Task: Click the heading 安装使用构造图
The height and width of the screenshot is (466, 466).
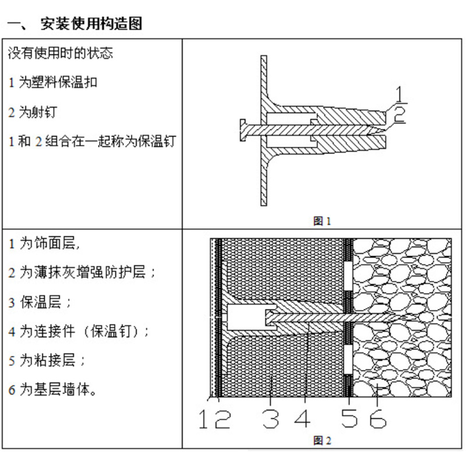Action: pos(91,24)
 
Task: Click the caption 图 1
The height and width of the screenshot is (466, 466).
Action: pos(322,221)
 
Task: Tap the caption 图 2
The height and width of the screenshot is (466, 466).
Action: pos(322,440)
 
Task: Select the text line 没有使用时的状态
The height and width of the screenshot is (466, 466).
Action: pos(61,53)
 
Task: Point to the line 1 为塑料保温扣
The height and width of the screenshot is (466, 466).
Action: pos(53,82)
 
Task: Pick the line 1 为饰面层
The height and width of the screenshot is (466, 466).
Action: pos(44,243)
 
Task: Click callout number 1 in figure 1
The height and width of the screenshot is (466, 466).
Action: pos(400,93)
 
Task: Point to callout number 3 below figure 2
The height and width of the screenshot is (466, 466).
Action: pos(270,418)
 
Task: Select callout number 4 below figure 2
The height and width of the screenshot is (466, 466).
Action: pos(302,418)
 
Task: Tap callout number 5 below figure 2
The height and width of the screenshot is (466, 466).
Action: pos(349,418)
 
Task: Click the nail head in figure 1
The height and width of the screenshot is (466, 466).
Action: pos(242,128)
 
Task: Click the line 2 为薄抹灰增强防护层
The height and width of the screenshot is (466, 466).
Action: pos(83,273)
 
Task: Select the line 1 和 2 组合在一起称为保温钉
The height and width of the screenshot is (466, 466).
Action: pos(92,141)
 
